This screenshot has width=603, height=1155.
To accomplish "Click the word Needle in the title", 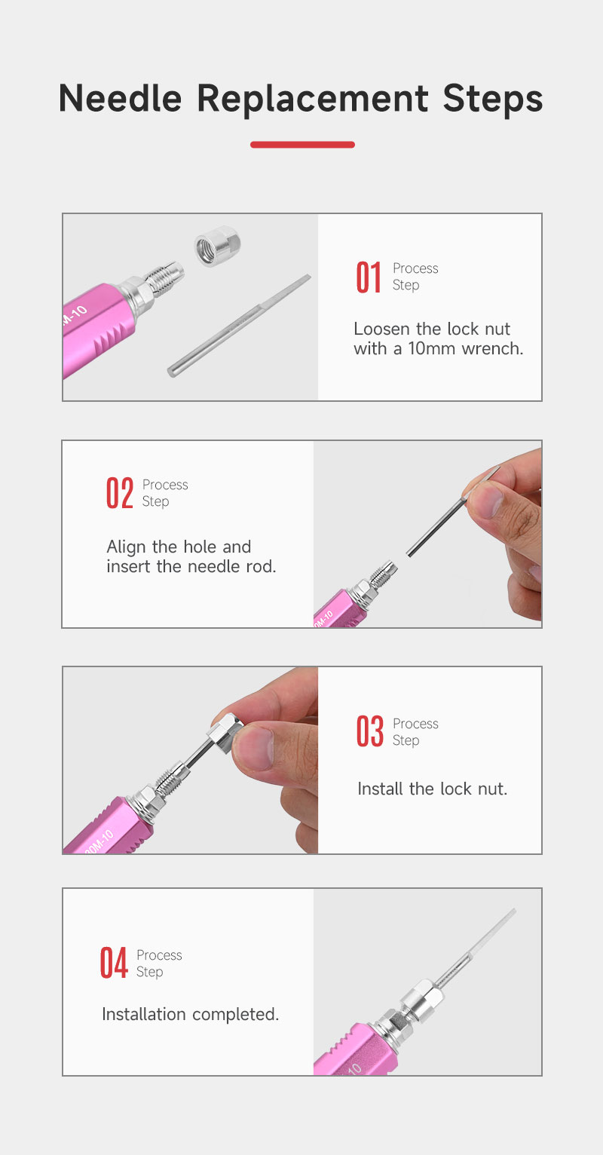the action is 120,98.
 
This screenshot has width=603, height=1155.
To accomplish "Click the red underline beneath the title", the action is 302,145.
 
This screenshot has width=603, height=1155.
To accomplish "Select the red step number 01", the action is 369,277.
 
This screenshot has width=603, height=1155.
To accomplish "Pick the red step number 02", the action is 120,494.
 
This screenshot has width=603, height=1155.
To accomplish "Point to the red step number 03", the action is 370,731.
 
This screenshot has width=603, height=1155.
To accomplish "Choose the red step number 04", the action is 114,963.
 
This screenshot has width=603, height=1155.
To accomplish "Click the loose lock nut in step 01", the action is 218,246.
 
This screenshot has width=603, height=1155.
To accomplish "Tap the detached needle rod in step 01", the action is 239,326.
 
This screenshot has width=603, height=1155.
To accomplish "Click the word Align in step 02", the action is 127,547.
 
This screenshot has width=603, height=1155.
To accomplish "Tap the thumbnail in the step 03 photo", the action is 253,749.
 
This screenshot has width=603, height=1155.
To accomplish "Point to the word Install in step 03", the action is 381,789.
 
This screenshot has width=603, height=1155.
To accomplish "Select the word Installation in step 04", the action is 144,1014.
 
